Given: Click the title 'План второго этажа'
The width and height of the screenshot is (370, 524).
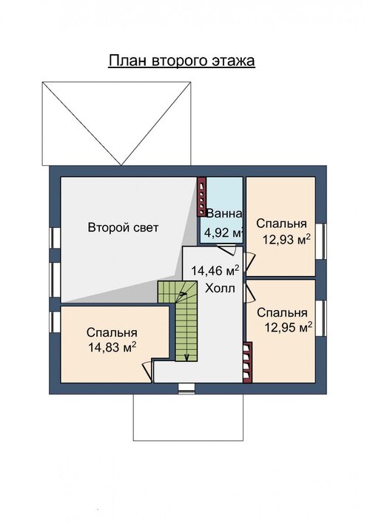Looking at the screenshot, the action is click(181, 61).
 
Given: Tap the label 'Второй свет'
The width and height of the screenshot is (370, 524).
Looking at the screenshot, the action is click(123, 227).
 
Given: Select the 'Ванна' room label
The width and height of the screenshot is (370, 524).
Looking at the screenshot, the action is click(224, 214).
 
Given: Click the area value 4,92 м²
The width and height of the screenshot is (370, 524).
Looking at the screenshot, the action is click(223, 232).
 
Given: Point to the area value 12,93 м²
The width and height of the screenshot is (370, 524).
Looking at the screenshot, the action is click(286, 239).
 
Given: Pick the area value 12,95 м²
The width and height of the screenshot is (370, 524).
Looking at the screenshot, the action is click(289, 327).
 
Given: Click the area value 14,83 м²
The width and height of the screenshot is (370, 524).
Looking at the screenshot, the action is click(112, 347).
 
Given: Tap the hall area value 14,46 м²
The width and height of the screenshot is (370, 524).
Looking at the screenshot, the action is click(215, 270).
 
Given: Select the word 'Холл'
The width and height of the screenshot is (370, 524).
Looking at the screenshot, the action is click(220, 288).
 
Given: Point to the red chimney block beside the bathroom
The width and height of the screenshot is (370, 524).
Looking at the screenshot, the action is click(201, 196).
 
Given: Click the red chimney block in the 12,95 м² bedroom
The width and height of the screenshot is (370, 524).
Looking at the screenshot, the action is click(247, 362).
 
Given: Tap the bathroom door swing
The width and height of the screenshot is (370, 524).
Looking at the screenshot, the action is click(226, 249).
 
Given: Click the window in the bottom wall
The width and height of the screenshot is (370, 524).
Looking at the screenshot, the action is click(186, 388).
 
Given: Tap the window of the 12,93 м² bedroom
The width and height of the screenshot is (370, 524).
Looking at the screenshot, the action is click(321, 241).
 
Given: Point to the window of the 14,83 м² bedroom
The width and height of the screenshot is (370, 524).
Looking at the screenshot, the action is click(55, 322).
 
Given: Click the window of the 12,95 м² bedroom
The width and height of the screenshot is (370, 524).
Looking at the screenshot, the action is click(321, 318).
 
